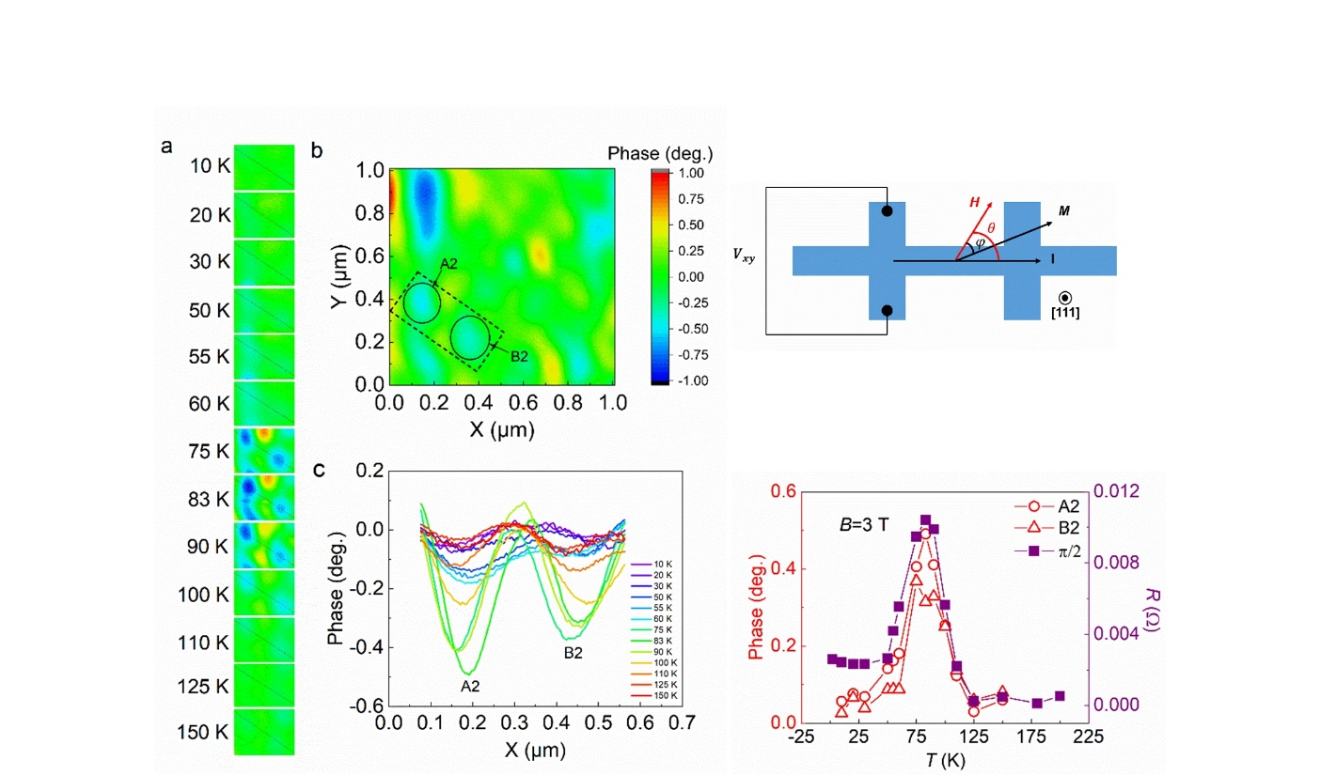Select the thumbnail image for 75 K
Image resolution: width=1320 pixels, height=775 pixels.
coord(264,451)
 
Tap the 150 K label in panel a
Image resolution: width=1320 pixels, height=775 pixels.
coord(203,733)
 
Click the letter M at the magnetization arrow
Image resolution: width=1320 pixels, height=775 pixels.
coord(1062,212)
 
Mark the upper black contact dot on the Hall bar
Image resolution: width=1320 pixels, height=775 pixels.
coord(886,211)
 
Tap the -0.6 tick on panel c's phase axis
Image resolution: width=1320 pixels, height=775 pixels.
coord(362,706)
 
